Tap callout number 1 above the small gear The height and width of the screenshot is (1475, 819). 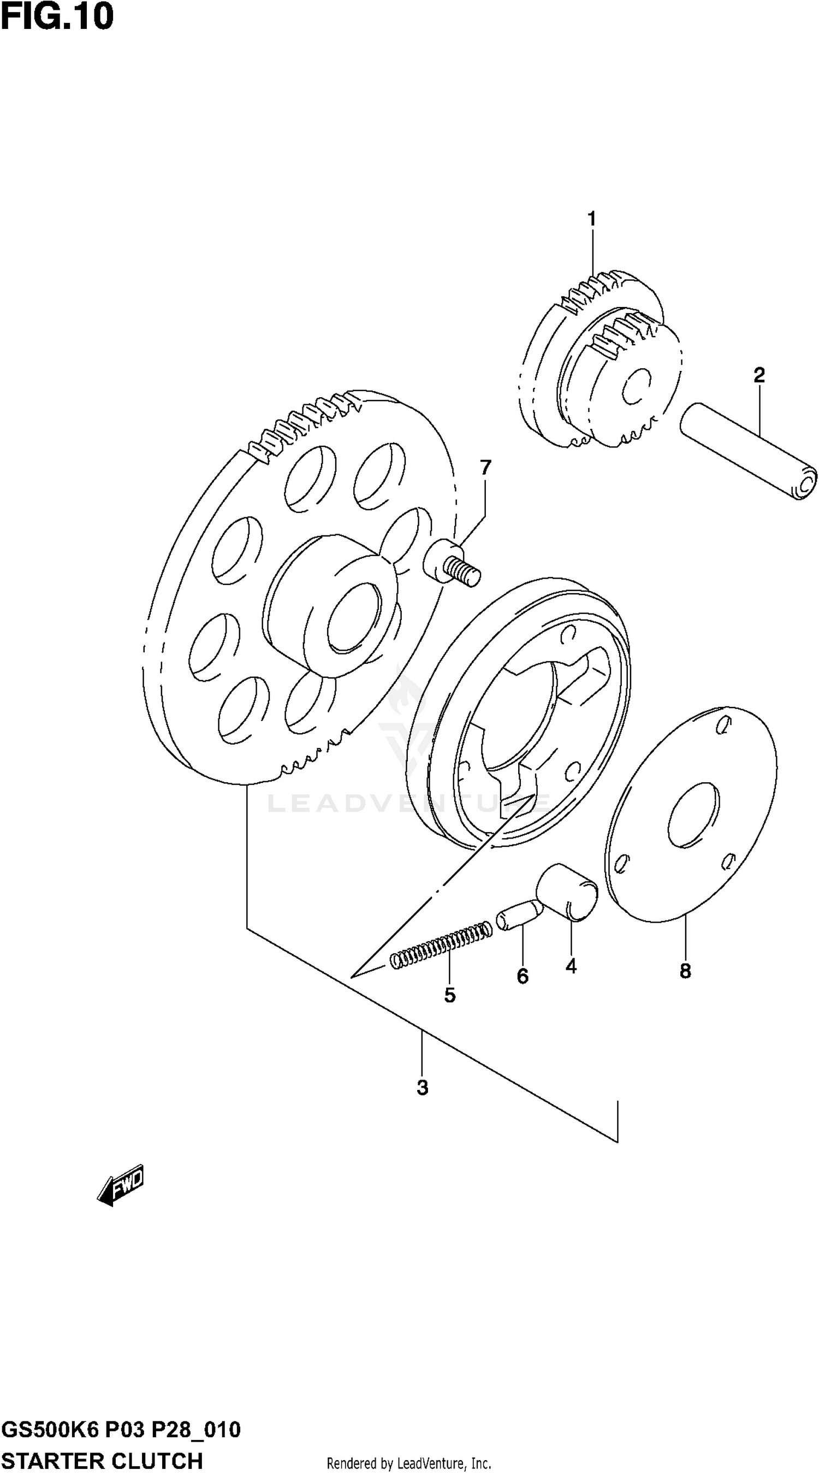[x=592, y=218]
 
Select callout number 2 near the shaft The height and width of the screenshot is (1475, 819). [x=759, y=375]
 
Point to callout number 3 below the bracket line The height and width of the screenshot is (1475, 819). [x=423, y=1087]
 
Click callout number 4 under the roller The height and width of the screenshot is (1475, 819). [x=571, y=966]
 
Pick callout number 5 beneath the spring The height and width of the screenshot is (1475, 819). [x=450, y=995]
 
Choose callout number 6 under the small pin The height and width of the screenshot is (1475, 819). [x=523, y=976]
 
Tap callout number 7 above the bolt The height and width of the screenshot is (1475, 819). [x=485, y=468]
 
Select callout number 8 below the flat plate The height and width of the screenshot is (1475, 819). [x=685, y=971]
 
